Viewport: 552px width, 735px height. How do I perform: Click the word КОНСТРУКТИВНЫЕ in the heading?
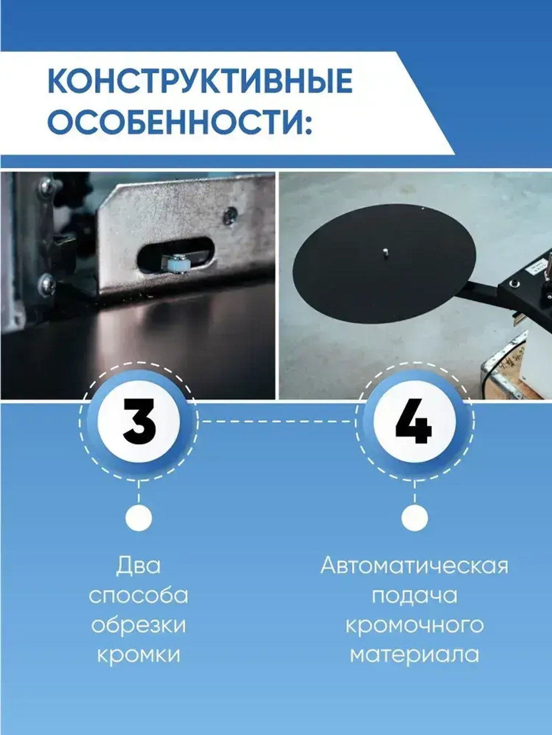point(200,82)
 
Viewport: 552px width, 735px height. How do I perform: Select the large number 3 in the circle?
point(139,422)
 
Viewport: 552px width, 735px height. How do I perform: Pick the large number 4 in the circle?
point(414,423)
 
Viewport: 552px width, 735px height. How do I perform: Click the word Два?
point(138,566)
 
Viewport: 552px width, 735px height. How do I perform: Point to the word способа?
point(138,596)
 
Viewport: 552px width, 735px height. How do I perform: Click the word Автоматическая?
point(414,566)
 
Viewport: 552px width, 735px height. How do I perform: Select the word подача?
point(414,596)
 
